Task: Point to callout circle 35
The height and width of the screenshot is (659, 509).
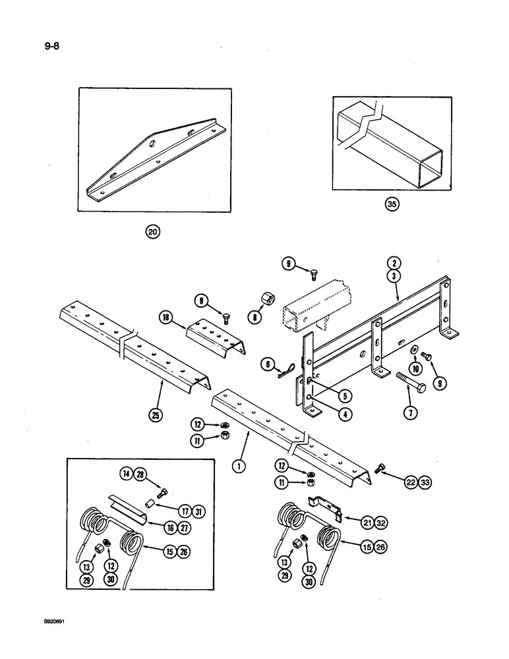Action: click(393, 205)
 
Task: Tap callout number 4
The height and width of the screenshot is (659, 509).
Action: click(345, 415)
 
